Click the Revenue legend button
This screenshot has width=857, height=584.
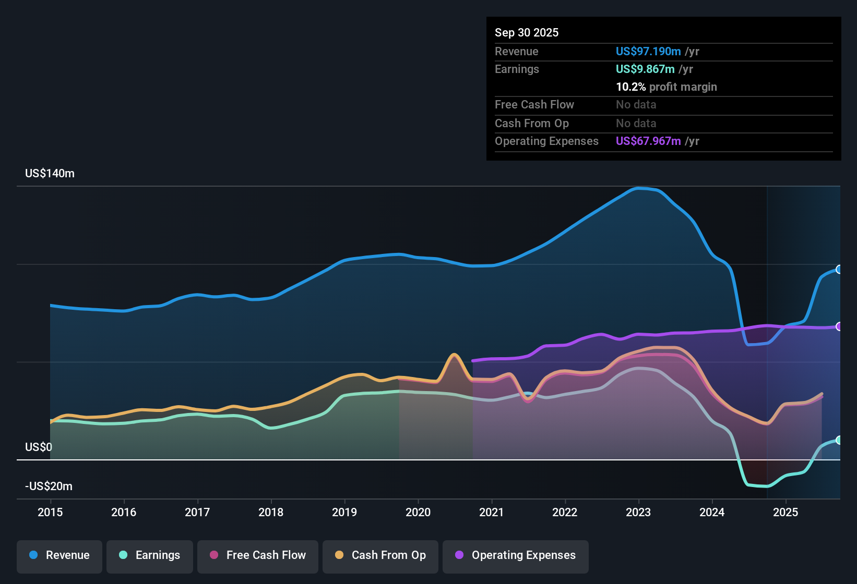click(59, 555)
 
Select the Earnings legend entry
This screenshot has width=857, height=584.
click(150, 555)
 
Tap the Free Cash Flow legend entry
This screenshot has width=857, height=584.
click(258, 555)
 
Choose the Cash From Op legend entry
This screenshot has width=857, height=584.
click(380, 555)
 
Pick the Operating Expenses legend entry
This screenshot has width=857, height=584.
click(516, 555)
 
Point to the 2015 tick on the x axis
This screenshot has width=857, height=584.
click(50, 512)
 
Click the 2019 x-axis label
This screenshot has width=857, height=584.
click(344, 512)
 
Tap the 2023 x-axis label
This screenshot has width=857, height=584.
click(638, 512)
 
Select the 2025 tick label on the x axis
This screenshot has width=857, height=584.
click(785, 512)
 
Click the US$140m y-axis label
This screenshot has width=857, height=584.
click(50, 174)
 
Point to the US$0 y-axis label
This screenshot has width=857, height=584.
click(39, 447)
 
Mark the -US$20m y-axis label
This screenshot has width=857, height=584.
click(49, 486)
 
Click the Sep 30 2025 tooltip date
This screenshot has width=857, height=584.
click(527, 32)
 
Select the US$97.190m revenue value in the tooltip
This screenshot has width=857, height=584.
click(648, 51)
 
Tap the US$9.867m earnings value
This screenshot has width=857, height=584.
click(645, 69)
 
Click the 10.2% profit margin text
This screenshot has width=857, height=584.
click(666, 87)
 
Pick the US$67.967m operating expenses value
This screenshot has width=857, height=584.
click(648, 141)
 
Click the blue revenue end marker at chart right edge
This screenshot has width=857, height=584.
click(839, 270)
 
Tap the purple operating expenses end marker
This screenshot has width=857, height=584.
click(839, 326)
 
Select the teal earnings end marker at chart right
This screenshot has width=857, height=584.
click(839, 440)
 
